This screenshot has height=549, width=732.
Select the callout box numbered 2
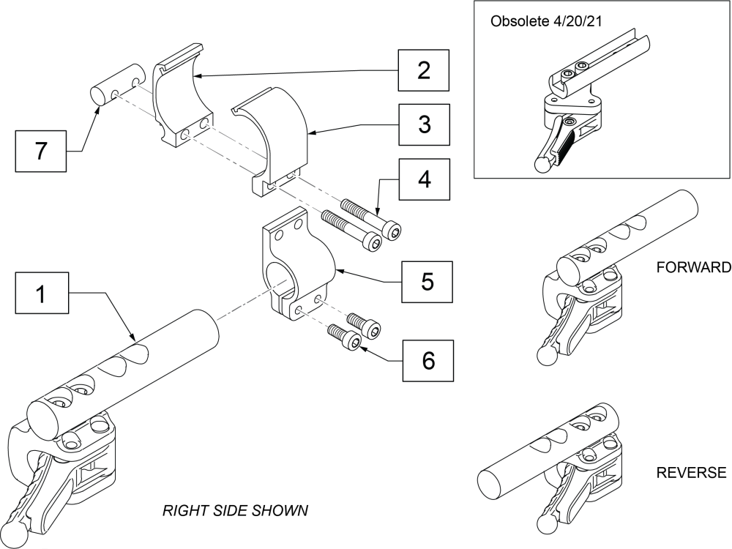(x=423, y=71)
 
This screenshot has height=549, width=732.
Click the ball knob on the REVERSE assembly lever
(x=545, y=526)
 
